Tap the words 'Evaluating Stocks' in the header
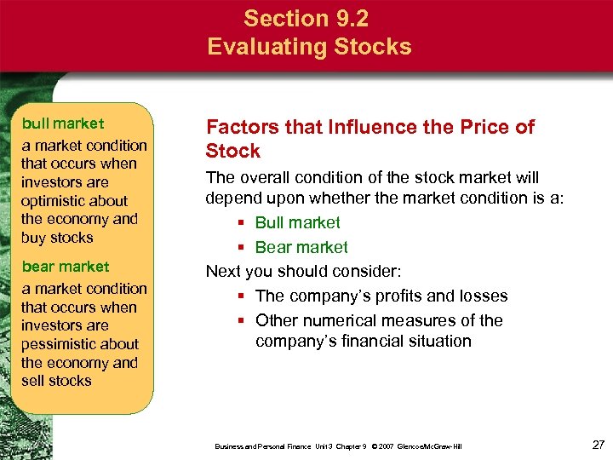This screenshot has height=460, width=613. (309, 46)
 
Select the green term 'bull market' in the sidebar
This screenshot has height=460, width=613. (63, 124)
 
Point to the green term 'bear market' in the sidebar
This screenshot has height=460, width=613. (66, 267)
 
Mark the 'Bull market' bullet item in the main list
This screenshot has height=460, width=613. (297, 223)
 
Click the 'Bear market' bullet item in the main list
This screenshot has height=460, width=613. (301, 248)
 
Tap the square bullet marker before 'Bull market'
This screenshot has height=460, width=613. (242, 224)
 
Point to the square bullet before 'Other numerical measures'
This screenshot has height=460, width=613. (242, 321)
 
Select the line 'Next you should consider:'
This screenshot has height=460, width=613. (303, 272)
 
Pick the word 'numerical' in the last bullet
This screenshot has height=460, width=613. (338, 321)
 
